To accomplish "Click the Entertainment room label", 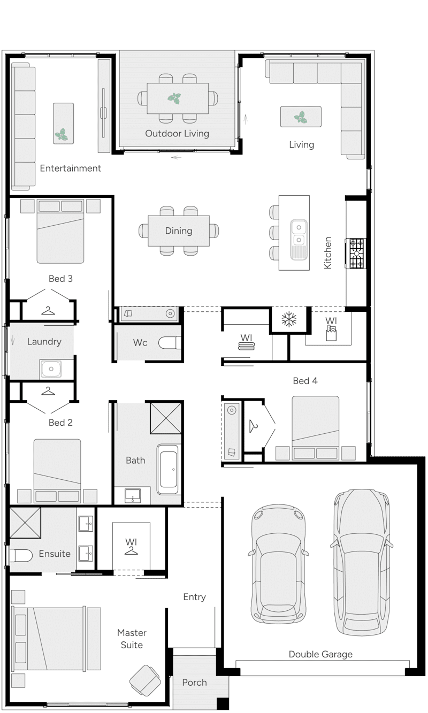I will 70,168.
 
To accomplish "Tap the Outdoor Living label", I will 177,133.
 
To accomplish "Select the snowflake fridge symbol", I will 289,320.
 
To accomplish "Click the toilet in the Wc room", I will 171,342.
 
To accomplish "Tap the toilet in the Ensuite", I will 20,555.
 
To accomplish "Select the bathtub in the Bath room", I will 169,469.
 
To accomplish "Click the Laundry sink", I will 51,369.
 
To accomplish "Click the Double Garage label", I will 320,654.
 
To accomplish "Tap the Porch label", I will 194,683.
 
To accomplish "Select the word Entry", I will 194,597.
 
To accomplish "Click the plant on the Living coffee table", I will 301,117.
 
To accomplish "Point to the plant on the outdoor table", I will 174,98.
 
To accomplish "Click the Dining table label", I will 178,231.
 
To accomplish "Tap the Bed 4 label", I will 305,381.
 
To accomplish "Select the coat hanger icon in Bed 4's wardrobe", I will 254,426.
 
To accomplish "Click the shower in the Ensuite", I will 25,523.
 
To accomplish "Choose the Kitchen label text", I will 328,252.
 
